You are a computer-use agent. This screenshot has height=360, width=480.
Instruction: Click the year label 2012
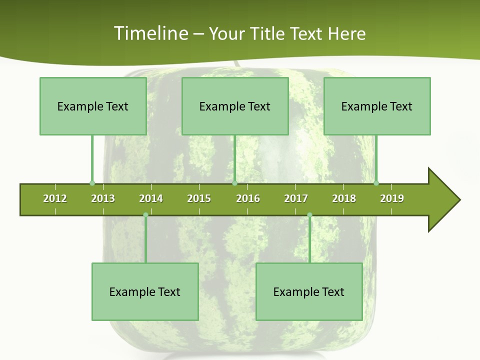(55, 198)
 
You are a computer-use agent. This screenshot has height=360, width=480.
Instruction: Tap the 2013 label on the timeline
(103, 198)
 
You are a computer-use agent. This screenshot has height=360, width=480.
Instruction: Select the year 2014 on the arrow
(151, 198)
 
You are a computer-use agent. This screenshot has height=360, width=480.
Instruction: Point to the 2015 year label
(199, 198)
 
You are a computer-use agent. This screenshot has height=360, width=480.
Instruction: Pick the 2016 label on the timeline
(248, 198)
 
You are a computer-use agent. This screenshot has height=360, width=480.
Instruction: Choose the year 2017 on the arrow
(296, 198)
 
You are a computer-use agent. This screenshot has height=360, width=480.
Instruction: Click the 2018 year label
(344, 198)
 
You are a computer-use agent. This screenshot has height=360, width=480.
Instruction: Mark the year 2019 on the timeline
(392, 198)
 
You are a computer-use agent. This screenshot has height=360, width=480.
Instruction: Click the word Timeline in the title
(150, 33)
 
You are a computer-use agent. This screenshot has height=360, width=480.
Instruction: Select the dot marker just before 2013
(92, 183)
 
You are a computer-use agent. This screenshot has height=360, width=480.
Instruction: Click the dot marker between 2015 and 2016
(234, 183)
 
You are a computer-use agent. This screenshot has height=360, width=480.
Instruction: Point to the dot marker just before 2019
(376, 183)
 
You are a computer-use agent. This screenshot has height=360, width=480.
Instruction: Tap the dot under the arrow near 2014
(145, 215)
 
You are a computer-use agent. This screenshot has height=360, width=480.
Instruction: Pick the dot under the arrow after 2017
(309, 215)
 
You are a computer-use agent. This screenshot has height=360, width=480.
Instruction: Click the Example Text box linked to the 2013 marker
(93, 106)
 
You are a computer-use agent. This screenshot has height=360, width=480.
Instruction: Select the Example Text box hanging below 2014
(145, 291)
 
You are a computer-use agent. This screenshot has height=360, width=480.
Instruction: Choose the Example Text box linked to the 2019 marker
(377, 106)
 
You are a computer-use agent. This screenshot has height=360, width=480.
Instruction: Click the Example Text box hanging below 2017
(309, 291)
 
